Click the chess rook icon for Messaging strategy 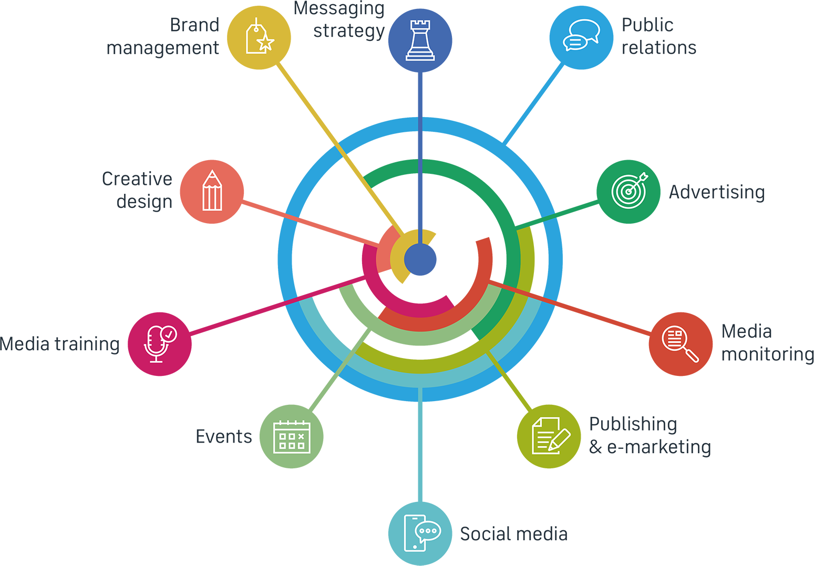click(420, 40)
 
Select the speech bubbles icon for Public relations click(581, 35)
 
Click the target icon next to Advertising click(629, 190)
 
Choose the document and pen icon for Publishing click(550, 436)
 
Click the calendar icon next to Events click(292, 437)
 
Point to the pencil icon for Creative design click(212, 190)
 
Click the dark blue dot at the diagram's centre click(420, 259)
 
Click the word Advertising click(717, 192)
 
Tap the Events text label click(224, 436)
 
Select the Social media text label click(514, 534)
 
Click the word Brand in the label click(194, 25)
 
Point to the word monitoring click(767, 354)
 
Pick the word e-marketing click(659, 447)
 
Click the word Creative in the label click(137, 179)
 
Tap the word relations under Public click(659, 48)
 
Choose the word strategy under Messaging click(349, 31)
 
